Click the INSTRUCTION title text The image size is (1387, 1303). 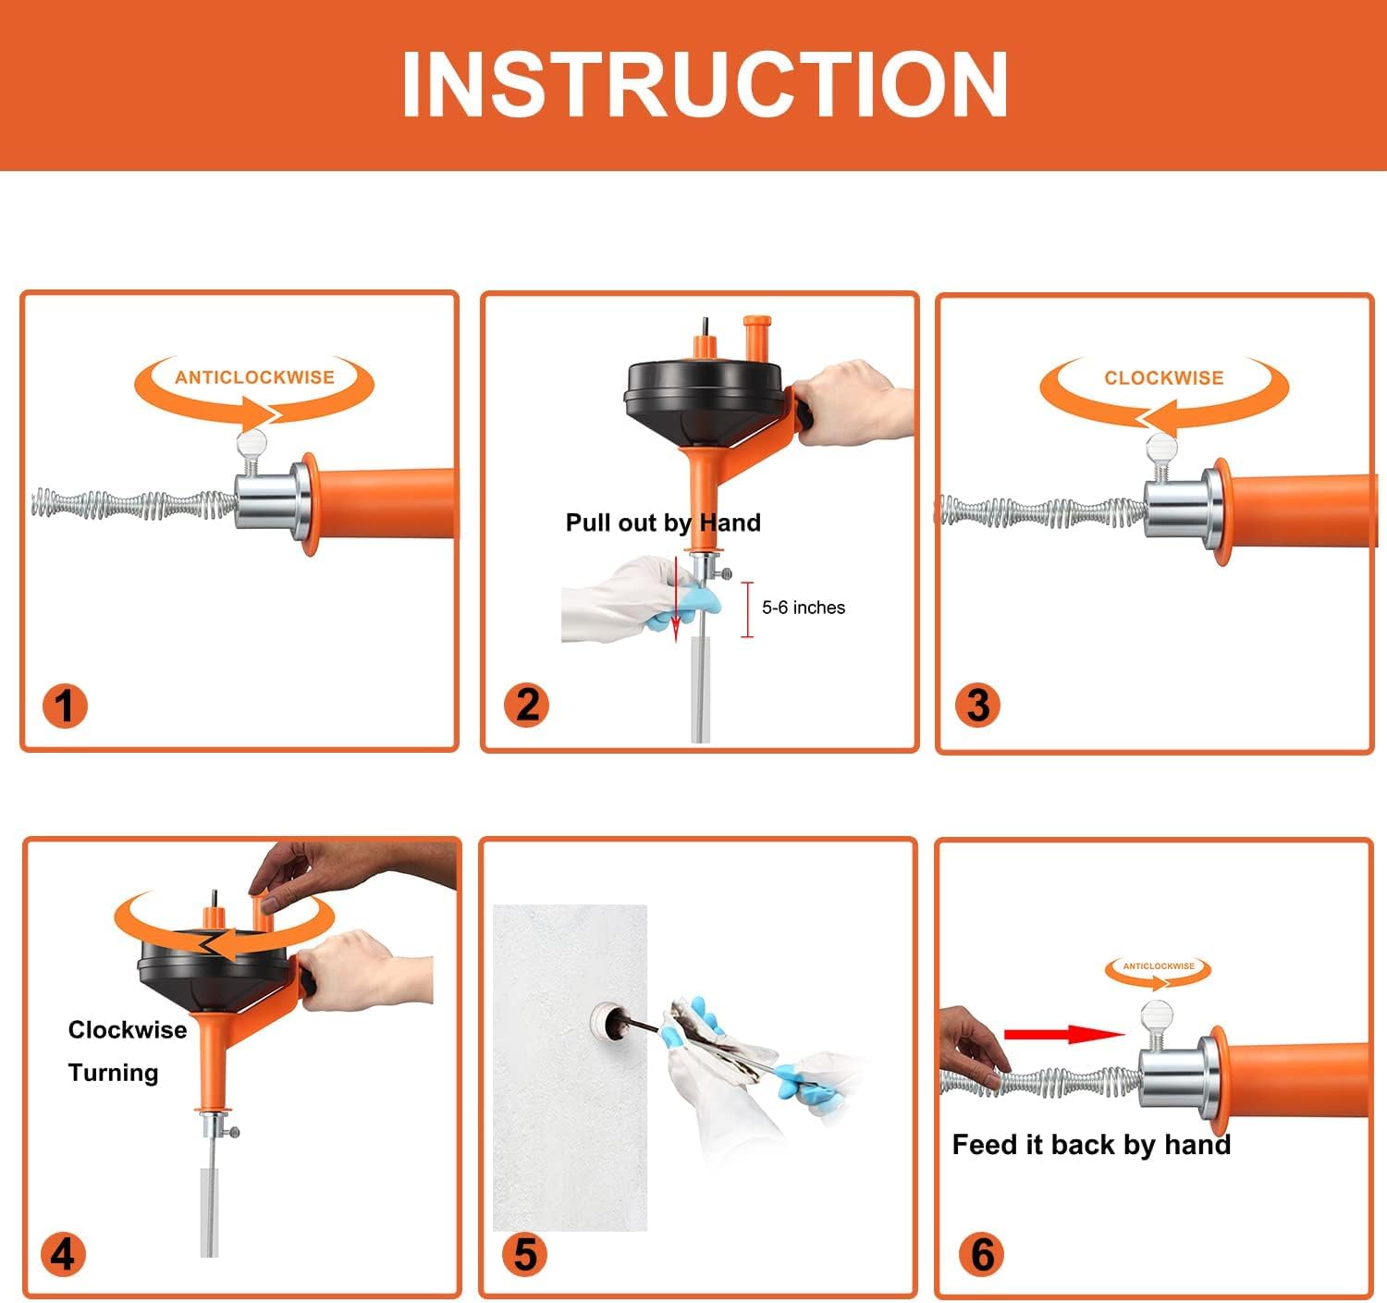[704, 84]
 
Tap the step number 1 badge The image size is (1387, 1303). [64, 706]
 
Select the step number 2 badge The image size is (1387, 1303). [526, 705]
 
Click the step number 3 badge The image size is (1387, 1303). [977, 705]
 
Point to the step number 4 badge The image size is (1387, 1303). [63, 1254]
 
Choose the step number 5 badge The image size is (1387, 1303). [524, 1254]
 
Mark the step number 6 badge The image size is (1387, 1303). [982, 1254]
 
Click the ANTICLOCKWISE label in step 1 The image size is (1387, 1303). [254, 377]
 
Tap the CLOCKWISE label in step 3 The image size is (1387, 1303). [1163, 378]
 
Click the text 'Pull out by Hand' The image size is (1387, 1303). [663, 522]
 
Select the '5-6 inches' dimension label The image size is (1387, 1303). [803, 608]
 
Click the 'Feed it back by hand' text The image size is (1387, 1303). [1091, 1145]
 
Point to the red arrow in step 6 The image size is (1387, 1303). [1063, 1034]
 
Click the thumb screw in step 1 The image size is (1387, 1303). [252, 446]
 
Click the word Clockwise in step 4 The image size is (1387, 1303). [128, 1030]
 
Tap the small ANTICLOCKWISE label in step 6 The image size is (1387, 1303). [1158, 966]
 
